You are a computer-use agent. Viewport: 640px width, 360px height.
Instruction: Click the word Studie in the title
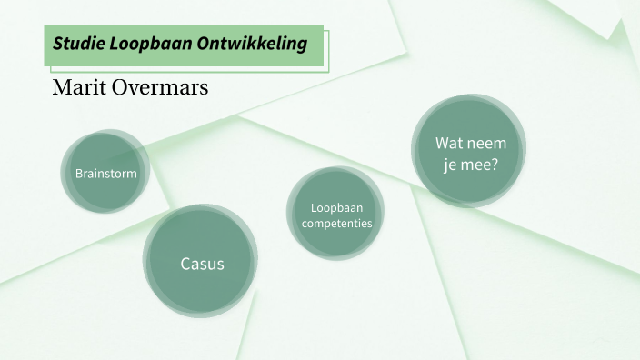coord(75,44)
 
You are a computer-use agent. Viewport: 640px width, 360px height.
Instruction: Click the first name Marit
coord(79,88)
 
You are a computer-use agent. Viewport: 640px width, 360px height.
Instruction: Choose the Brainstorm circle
coord(105,173)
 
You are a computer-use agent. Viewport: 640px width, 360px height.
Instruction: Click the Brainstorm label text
coord(106,173)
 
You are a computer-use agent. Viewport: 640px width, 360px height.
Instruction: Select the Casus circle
coord(201,263)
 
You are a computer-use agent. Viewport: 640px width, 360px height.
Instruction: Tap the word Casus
coord(201,264)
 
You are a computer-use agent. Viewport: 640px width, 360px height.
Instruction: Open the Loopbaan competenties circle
coord(336,214)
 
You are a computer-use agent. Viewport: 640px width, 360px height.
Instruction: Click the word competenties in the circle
coord(336,223)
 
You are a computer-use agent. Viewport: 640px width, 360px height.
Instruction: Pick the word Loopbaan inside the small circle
coord(336,206)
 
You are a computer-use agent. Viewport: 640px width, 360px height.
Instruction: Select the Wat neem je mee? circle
coord(469,153)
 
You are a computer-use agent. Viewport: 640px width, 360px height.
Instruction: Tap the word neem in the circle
coord(486,143)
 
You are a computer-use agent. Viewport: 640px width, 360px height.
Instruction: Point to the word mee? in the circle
coord(479,165)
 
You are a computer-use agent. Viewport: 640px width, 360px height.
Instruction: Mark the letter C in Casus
coord(185,264)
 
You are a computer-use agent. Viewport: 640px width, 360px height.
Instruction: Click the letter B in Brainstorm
coord(79,173)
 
